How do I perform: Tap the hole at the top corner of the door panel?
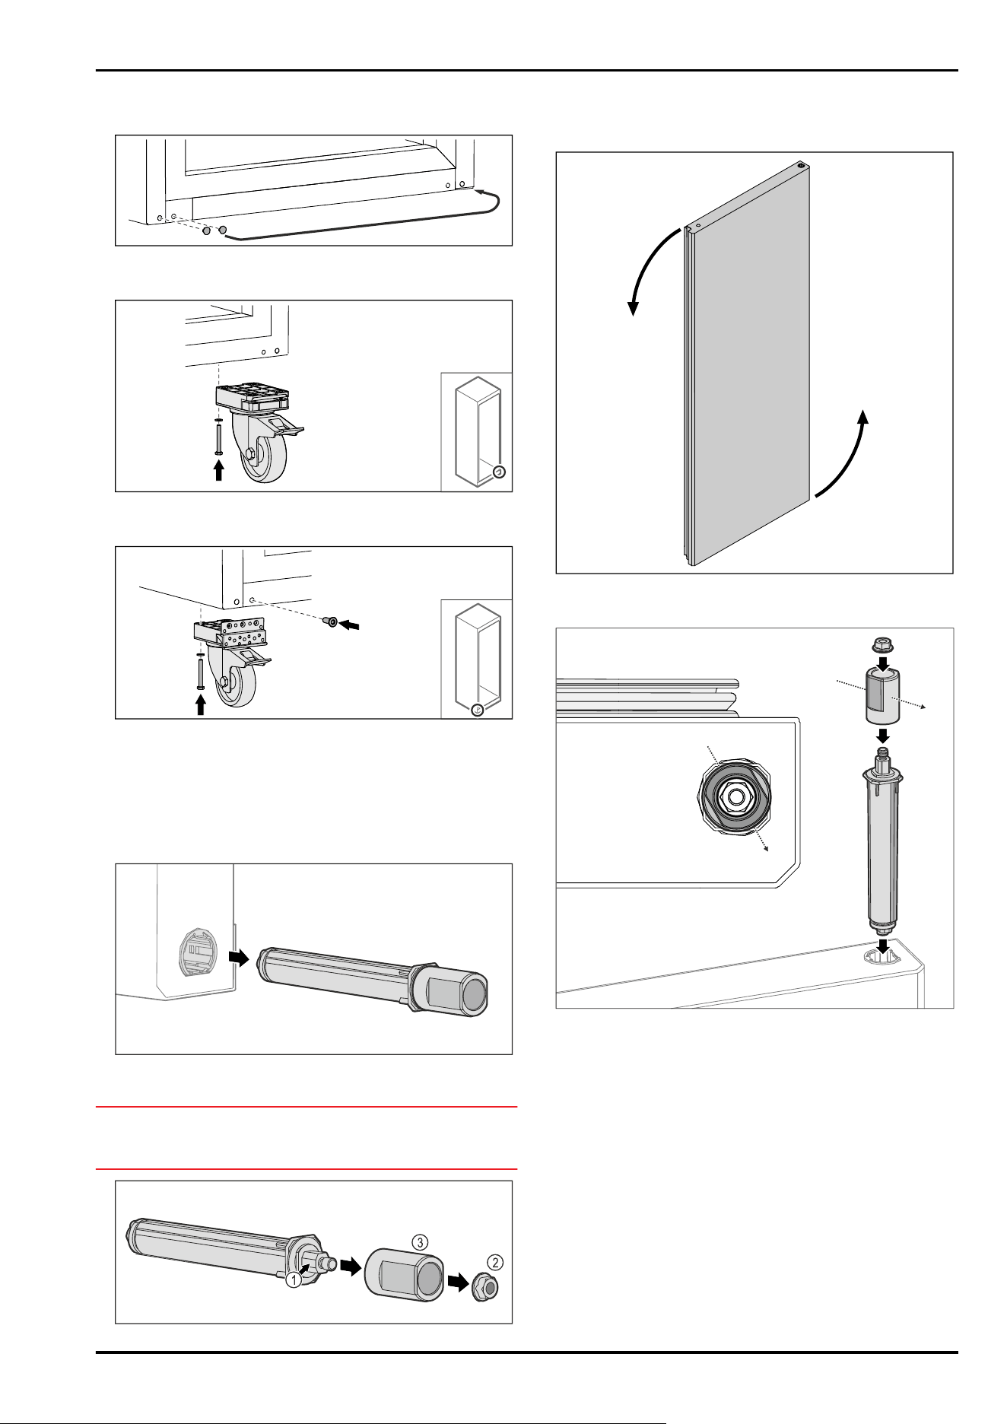coord(801,164)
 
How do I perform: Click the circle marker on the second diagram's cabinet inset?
coord(498,472)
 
